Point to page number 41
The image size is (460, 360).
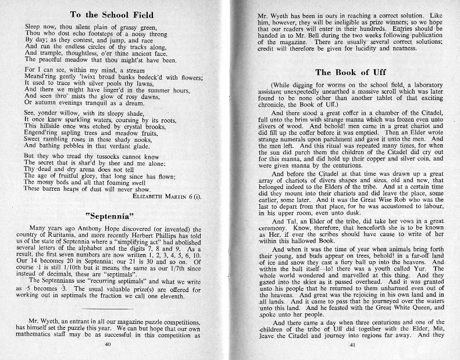352,344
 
